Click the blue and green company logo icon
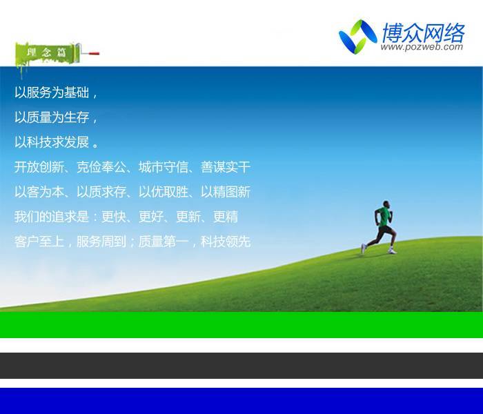pyautogui.click(x=358, y=37)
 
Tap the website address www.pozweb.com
pyautogui.click(x=422, y=47)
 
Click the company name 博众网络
pyautogui.click(x=424, y=32)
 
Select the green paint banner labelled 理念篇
pyautogui.click(x=46, y=55)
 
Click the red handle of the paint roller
pyautogui.click(x=94, y=54)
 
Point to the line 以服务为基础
pyautogui.click(x=52, y=92)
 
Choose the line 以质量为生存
pyautogui.click(x=52, y=117)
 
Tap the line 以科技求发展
pyautogui.click(x=52, y=142)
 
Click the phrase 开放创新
pyautogui.click(x=39, y=167)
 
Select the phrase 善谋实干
pyautogui.click(x=226, y=167)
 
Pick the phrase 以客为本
pyautogui.click(x=39, y=192)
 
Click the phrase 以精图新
pyautogui.click(x=226, y=192)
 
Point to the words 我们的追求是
pyautogui.click(x=52, y=217)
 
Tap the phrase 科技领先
pyautogui.click(x=226, y=241)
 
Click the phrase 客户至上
pyautogui.click(x=39, y=241)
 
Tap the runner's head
pyautogui.click(x=386, y=204)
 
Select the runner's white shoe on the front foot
pyautogui.click(x=393, y=252)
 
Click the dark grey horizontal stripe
pyautogui.click(x=241, y=366)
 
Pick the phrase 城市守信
pyautogui.click(x=164, y=167)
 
